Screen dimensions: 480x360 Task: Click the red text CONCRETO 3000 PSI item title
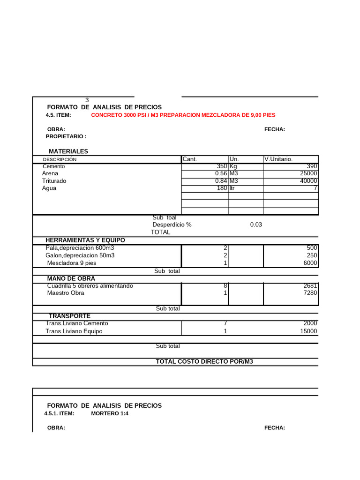pos(183,115)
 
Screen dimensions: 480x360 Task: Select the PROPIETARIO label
pos(66,136)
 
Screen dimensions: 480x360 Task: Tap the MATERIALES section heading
pos(68,151)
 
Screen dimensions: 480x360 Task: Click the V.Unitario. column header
pos(278,159)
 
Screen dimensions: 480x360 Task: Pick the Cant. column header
pos(190,159)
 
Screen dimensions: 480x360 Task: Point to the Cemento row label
pos(54,166)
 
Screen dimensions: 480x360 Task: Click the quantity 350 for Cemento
pos(221,166)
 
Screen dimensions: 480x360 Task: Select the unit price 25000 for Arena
pos(308,173)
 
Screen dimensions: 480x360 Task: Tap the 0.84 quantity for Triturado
pos(221,181)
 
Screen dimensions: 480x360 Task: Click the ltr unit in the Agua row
pos(232,188)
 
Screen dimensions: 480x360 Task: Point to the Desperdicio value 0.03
pos(256,225)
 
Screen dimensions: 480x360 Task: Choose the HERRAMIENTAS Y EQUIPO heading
pos(85,240)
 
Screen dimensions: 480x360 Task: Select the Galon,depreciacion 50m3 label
pos(80,255)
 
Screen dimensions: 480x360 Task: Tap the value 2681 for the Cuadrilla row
pos(310,285)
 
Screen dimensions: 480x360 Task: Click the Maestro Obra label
pos(66,293)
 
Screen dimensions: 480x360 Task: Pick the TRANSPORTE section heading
pos(70,316)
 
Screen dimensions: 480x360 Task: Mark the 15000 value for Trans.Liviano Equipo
pos(308,331)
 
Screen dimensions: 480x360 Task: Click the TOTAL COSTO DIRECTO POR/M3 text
pos(204,361)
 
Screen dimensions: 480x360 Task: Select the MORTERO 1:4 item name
pos(110,413)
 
